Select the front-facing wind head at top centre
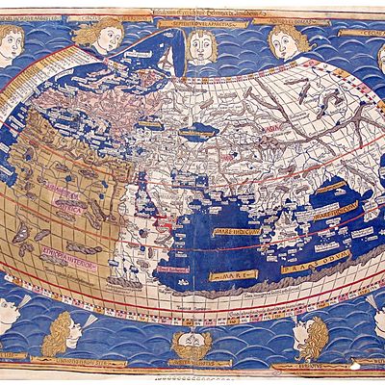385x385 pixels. tap(199, 43)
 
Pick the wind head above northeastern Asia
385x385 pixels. tap(286, 40)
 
